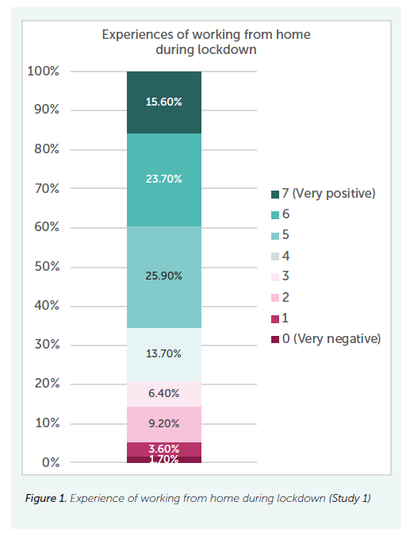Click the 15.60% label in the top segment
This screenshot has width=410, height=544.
tap(163, 102)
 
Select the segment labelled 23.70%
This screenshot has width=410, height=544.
tap(163, 179)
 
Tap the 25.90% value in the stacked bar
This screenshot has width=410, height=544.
tap(163, 276)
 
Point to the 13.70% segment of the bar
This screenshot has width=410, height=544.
tap(163, 353)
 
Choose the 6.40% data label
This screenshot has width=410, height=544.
tap(163, 393)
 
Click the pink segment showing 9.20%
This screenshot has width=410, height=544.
tap(163, 423)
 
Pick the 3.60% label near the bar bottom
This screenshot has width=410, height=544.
tap(163, 449)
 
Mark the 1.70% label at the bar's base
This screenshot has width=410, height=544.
tap(163, 459)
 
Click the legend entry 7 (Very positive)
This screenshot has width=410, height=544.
tap(322, 194)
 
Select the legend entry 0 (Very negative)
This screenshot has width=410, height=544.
tap(325, 338)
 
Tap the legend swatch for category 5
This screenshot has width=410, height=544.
tap(274, 235)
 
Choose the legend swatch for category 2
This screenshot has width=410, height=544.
tap(274, 297)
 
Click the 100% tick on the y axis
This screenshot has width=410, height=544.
tap(43, 71)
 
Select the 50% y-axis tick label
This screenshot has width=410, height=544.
tap(46, 267)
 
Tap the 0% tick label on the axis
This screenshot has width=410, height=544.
tap(50, 462)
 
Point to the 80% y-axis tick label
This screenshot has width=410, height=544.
tap(46, 149)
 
